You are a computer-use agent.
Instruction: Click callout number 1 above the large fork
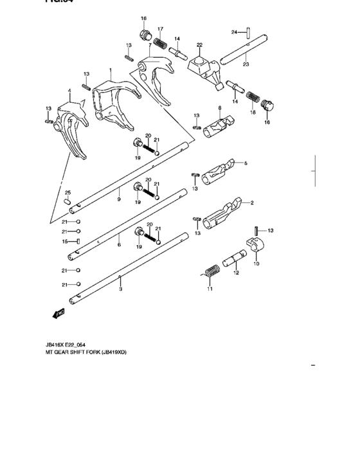[110, 70]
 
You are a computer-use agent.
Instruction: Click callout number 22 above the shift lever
[199, 45]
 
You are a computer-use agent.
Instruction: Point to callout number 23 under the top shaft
[245, 64]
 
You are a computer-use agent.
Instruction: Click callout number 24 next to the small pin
[235, 31]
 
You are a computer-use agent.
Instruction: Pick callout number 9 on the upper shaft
[119, 200]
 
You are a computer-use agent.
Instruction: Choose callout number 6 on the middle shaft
[119, 245]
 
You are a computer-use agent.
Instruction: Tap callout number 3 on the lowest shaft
[120, 290]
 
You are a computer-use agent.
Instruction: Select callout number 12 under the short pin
[236, 273]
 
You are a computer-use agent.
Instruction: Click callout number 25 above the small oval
[67, 193]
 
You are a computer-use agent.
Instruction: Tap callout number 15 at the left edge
[64, 242]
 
